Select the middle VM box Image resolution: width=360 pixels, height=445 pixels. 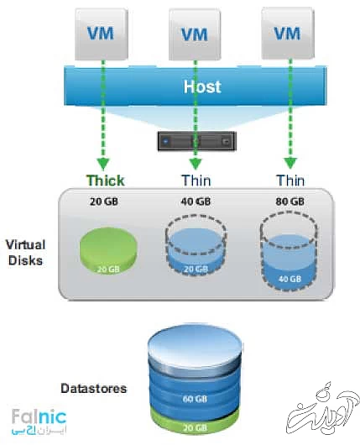pyautogui.click(x=196, y=34)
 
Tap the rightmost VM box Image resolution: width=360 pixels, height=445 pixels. pyautogui.click(x=287, y=33)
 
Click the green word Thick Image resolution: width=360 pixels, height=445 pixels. pyautogui.click(x=106, y=181)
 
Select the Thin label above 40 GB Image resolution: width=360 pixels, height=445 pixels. pyautogui.click(x=196, y=181)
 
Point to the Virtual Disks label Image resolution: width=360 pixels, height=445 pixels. pyautogui.click(x=26, y=251)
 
